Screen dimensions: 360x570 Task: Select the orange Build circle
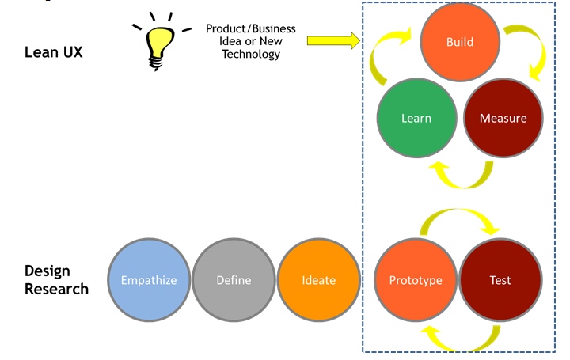tap(460, 41)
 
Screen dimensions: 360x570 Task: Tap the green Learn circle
tap(416, 118)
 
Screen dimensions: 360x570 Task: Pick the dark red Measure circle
tap(503, 118)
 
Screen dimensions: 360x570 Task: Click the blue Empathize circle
tap(149, 280)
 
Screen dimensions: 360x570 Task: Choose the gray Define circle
tap(234, 280)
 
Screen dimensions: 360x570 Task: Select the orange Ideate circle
tap(318, 280)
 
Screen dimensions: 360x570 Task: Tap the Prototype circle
tap(415, 280)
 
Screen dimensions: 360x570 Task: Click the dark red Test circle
tap(500, 280)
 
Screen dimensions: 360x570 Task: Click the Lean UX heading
tap(53, 53)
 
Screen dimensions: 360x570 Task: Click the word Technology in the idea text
tap(251, 55)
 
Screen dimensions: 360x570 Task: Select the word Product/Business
tap(251, 28)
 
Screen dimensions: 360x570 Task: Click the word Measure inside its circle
tap(503, 119)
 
